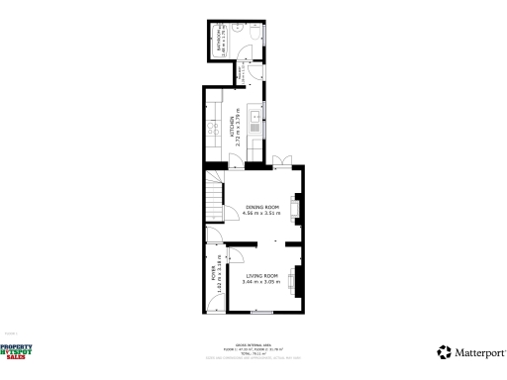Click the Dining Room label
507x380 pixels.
[x=262, y=206]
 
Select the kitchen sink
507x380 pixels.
[x=255, y=124]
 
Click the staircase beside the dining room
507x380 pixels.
[x=213, y=190]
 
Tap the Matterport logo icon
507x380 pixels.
[x=445, y=351]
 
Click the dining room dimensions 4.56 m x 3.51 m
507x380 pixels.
[x=262, y=213]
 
